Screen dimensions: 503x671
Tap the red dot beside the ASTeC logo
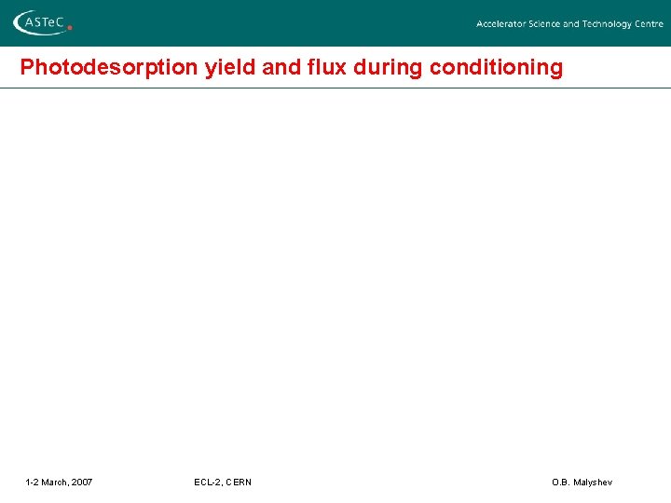pyautogui.click(x=70, y=28)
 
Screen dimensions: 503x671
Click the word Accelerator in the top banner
pyautogui.click(x=500, y=24)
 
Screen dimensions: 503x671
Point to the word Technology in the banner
pyautogui.click(x=608, y=24)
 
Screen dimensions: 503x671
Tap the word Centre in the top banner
pyautogui.click(x=650, y=24)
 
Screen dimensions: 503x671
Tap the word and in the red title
pyautogui.click(x=270, y=68)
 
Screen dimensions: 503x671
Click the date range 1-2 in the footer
pyautogui.click(x=32, y=482)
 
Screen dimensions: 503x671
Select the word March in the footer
pyautogui.click(x=54, y=482)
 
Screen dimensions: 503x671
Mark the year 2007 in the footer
pyautogui.click(x=82, y=482)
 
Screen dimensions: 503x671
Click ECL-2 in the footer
pyautogui.click(x=208, y=482)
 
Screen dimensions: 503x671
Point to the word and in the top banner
pyautogui.click(x=570, y=24)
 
